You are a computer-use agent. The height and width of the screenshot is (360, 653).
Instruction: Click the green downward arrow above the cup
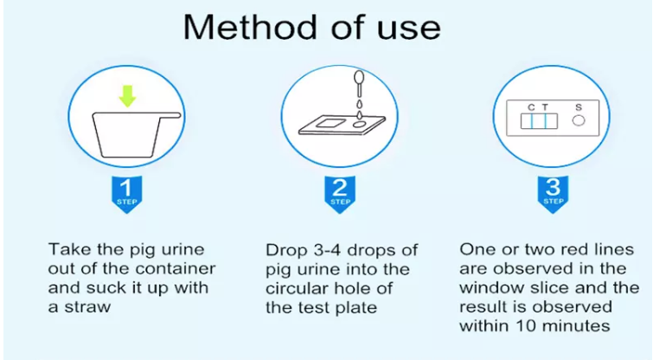coord(127,95)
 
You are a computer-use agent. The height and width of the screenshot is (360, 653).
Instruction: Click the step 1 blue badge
coord(126,194)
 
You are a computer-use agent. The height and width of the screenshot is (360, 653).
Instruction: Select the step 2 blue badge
coord(340,194)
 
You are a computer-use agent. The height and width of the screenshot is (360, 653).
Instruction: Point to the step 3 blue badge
coord(553,194)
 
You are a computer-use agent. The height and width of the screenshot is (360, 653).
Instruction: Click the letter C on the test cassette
coord(531,107)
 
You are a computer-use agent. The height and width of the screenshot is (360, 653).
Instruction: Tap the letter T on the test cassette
coord(545,107)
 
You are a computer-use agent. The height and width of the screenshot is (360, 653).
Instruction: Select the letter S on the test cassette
coord(579,107)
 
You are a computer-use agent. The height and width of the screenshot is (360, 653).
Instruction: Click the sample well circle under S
coord(579,121)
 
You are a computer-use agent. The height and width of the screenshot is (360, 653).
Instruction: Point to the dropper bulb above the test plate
coord(359,77)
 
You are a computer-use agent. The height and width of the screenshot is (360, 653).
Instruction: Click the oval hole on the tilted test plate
coord(359,125)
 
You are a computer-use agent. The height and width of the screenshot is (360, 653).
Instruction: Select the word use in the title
coord(408,30)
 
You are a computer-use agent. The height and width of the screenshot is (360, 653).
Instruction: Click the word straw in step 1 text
coord(87,307)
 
